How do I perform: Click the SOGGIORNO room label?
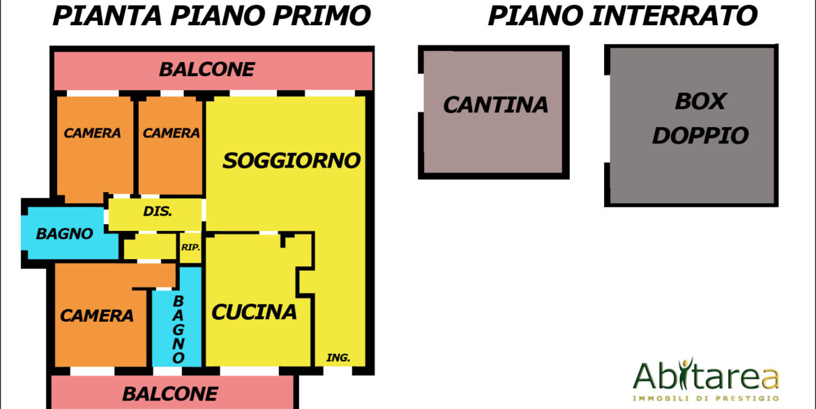point(292,161)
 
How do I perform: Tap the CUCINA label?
point(254,312)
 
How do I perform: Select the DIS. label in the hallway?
point(158,212)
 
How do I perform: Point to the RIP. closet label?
point(190,248)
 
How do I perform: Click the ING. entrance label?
point(338,358)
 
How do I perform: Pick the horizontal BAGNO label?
point(65,234)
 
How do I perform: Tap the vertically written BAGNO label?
point(179,329)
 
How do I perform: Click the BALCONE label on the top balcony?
point(206,69)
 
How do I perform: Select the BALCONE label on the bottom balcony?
point(169,394)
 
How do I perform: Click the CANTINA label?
point(495,105)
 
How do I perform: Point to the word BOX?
point(700,102)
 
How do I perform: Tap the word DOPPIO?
point(700,135)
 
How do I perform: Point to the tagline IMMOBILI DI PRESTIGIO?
point(706,399)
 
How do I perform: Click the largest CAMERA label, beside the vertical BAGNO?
point(97,315)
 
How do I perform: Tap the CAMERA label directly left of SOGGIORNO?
point(171,133)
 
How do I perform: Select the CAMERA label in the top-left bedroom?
point(92,133)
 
